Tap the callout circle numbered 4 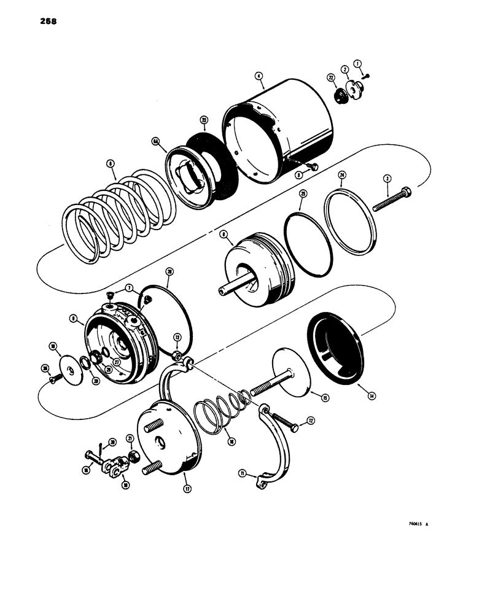[x=259, y=77]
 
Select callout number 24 [x=342, y=174]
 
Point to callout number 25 [x=302, y=193]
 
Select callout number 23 [x=203, y=121]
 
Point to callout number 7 [x=129, y=287]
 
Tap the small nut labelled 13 [x=176, y=356]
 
